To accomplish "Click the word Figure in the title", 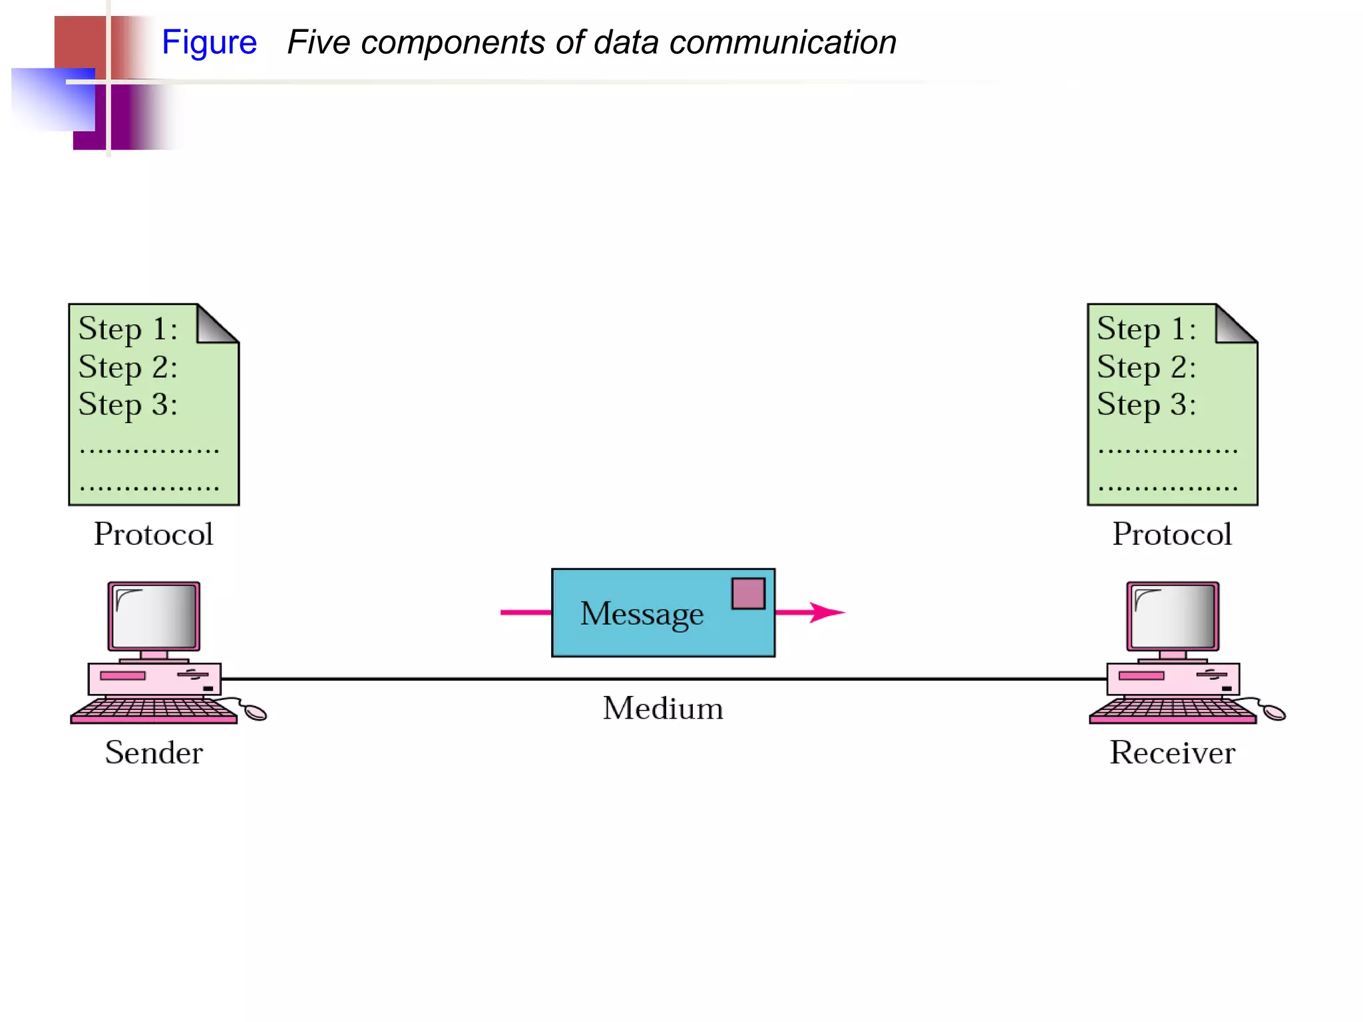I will point(209,43).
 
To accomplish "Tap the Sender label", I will point(154,753).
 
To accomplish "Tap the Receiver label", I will point(1172,753).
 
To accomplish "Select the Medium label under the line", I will point(663,709).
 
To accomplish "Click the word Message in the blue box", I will point(642,613).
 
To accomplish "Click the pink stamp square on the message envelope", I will point(748,594).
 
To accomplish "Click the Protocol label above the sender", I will point(154,534).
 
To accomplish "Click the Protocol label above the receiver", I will point(1172,534).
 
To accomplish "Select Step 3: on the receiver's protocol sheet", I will point(1146,405).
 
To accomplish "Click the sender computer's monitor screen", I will point(154,616).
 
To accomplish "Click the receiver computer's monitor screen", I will point(1173,616).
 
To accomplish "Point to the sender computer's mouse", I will point(256,713).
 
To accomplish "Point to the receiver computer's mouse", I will point(1274,713).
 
